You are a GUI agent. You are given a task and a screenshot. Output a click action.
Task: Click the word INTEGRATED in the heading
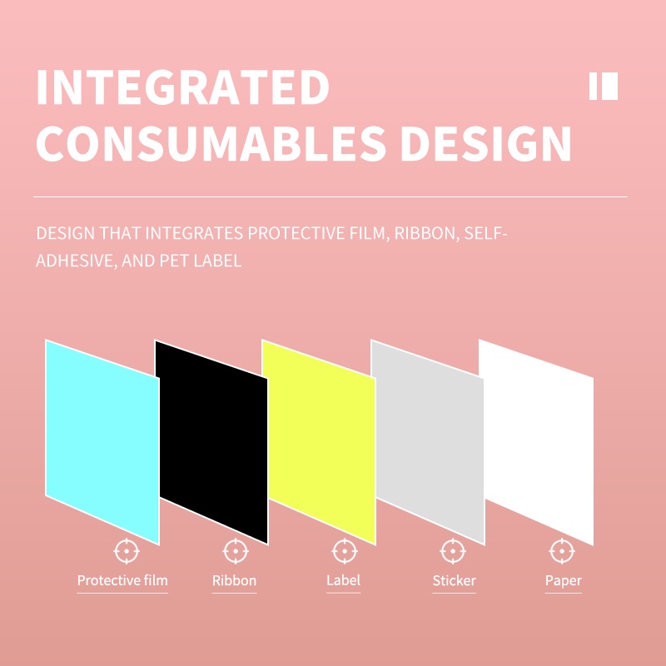coord(183,87)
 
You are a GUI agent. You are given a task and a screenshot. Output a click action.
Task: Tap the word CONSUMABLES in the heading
coord(211,143)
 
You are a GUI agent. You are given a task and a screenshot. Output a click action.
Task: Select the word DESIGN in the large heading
coord(486,143)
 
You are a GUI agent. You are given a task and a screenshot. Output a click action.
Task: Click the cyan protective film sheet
coord(102,442)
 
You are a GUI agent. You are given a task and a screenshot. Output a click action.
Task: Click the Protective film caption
coord(122,580)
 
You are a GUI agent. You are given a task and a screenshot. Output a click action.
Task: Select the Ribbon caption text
coord(235,580)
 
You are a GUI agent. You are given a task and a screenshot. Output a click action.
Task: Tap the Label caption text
coord(343,579)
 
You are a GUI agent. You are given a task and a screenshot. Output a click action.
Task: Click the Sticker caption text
coord(454,580)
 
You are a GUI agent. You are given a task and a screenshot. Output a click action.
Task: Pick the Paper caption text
coord(564,580)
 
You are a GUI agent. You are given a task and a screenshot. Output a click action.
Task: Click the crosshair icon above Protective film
coord(127,551)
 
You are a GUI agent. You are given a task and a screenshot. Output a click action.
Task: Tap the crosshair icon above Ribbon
coord(236,551)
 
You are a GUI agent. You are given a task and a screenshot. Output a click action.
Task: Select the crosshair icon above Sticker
coord(453,551)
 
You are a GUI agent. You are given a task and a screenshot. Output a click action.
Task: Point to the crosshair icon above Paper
coord(562,551)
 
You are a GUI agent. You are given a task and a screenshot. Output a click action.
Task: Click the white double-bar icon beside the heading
coord(604,87)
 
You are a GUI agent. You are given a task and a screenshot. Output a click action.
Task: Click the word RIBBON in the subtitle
coord(427,233)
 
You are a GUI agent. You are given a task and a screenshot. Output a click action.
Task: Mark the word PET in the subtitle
coord(174,261)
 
